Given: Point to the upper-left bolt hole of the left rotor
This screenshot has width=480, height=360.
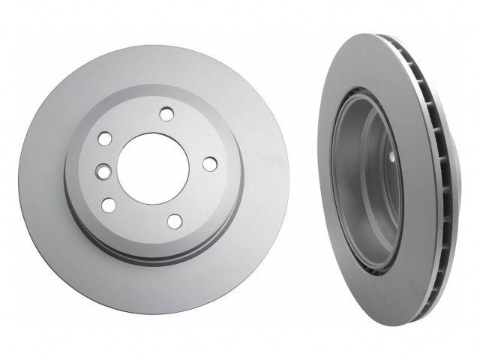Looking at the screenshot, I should coord(104,140).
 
